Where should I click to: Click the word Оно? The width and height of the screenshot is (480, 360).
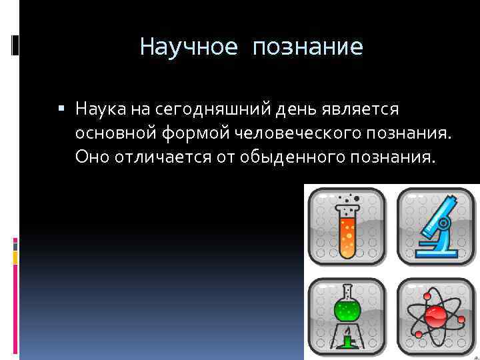pyautogui.click(x=91, y=157)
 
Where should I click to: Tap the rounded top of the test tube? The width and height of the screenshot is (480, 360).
pyautogui.click(x=346, y=253)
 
